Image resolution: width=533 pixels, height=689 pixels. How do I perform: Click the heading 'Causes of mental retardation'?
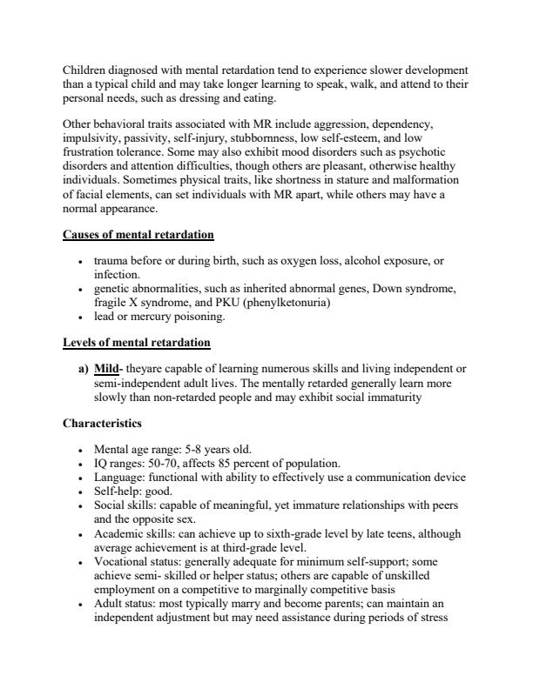[x=138, y=236]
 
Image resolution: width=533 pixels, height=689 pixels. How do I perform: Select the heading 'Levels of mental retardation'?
[x=137, y=343]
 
